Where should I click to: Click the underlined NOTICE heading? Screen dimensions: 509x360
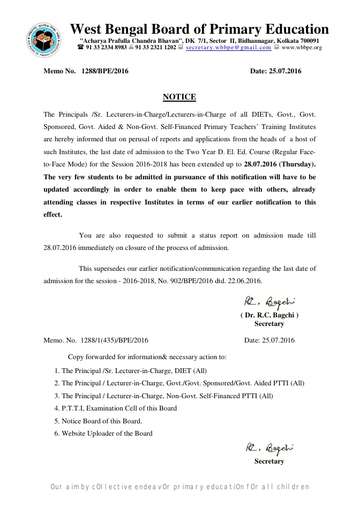(179, 97)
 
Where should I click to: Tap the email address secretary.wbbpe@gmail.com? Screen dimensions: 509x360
(228, 48)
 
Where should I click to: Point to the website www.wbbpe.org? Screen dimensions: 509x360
(302, 48)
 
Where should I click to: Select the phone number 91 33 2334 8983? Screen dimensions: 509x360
(106, 48)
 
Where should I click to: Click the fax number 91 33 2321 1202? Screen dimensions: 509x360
(155, 48)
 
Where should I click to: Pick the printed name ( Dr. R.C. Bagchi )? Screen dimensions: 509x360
(269, 315)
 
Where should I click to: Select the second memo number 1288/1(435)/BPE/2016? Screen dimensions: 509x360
(114, 340)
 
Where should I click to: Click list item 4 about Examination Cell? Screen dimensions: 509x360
(119, 408)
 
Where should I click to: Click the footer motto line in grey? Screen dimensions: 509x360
(179, 487)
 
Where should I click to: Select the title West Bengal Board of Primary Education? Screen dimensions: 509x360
(199, 29)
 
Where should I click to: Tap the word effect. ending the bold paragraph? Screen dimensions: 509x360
(53, 215)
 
